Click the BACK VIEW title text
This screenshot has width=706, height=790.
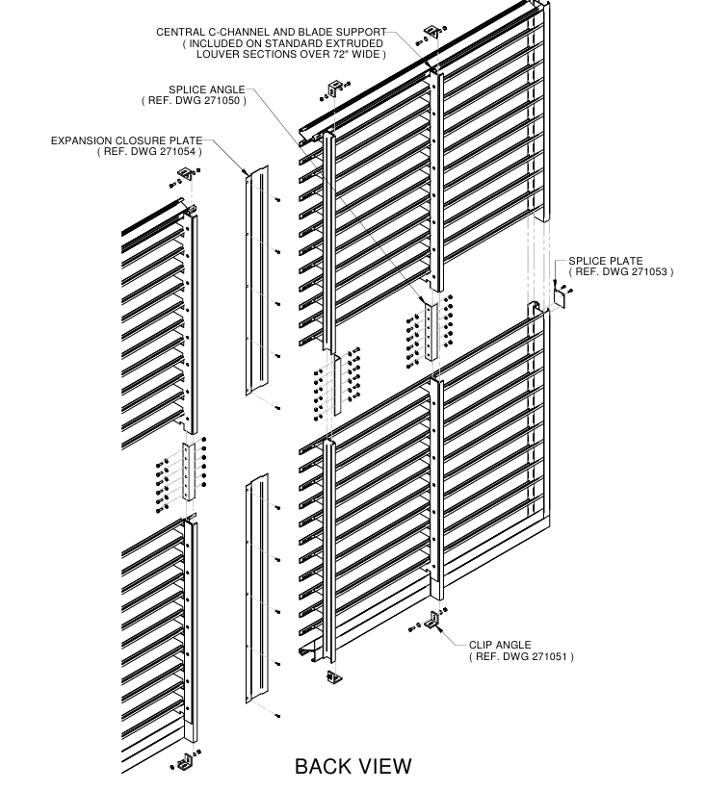353,766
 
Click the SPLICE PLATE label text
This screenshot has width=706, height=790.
606,261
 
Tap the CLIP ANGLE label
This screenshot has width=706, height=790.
500,645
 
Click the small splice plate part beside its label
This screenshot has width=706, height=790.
557,297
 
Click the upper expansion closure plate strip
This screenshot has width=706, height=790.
255,279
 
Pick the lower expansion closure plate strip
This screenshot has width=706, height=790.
257,587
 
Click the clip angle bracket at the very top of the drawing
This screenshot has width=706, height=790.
431,34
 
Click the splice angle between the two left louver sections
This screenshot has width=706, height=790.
190,471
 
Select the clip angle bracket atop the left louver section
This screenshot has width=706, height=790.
183,176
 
